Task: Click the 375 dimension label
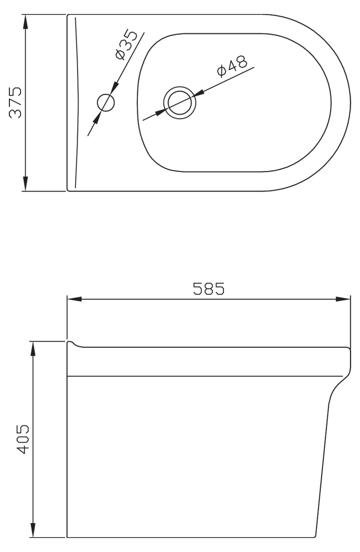[x=16, y=102]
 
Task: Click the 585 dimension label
[x=209, y=289]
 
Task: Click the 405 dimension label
[x=22, y=440]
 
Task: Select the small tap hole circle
[x=105, y=103]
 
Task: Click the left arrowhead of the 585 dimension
[x=74, y=299]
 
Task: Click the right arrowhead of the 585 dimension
[x=343, y=299]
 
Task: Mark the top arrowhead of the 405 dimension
[x=33, y=349]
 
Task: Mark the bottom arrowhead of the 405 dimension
[x=33, y=530]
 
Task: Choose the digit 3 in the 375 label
[x=16, y=114]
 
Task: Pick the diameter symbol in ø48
[x=221, y=71]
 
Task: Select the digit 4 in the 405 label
[x=22, y=450]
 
